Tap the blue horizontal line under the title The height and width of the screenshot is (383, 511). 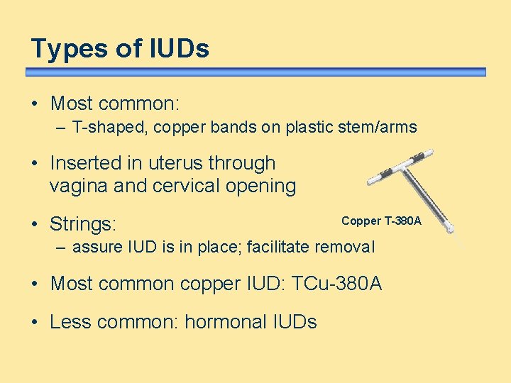point(255,72)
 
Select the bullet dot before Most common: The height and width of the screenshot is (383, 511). point(35,104)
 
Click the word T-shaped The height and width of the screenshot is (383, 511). point(106,128)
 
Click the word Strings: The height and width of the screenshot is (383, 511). point(83,225)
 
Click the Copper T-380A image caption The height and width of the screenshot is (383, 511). point(381,221)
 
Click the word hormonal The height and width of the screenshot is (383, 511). point(225,322)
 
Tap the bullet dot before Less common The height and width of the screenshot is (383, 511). point(35,322)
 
